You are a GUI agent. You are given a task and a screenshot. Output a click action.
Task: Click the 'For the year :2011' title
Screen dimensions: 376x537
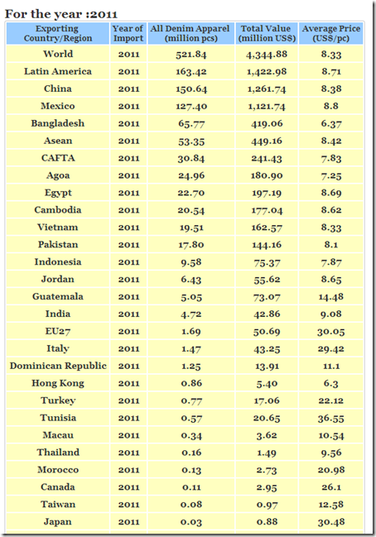click(61, 14)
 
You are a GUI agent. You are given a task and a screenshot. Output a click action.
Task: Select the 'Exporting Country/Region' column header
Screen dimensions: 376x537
click(58, 33)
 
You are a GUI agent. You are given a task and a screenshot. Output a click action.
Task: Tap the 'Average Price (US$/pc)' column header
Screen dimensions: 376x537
click(331, 33)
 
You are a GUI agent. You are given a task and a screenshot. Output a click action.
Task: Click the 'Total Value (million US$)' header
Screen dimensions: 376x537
click(267, 33)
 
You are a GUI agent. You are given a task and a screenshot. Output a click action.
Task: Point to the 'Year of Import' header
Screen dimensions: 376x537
click(128, 33)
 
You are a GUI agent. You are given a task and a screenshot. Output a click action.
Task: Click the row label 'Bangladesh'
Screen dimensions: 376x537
click(58, 123)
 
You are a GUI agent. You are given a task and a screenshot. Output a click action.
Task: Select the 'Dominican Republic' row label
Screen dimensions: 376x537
click(58, 366)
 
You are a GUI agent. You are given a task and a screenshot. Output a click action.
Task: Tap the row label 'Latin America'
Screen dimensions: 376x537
click(58, 71)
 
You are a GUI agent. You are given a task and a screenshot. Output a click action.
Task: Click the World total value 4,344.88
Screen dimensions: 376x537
click(267, 55)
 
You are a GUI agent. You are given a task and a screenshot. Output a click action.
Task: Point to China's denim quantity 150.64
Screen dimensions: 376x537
click(191, 89)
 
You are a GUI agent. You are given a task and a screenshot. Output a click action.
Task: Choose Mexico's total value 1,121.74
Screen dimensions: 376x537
click(267, 106)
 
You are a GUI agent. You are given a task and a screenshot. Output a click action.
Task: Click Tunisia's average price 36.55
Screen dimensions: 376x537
click(331, 418)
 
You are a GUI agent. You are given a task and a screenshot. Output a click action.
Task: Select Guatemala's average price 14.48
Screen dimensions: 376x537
click(331, 297)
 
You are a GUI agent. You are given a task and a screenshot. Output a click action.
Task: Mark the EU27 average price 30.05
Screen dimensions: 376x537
click(331, 332)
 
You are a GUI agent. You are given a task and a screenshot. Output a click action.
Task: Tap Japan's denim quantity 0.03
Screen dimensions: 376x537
click(191, 522)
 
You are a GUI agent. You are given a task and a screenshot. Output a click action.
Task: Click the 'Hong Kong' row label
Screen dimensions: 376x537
click(58, 383)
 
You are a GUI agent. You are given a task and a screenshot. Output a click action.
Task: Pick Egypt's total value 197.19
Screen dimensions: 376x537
click(267, 193)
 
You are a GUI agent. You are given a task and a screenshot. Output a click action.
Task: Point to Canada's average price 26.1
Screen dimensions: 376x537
click(331, 487)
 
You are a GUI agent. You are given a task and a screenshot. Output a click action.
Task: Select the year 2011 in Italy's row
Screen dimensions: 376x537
click(128, 348)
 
